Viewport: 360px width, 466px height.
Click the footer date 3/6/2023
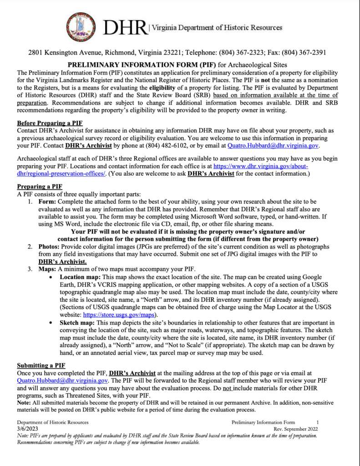tap(26, 429)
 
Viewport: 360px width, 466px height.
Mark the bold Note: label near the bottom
tap(24, 403)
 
